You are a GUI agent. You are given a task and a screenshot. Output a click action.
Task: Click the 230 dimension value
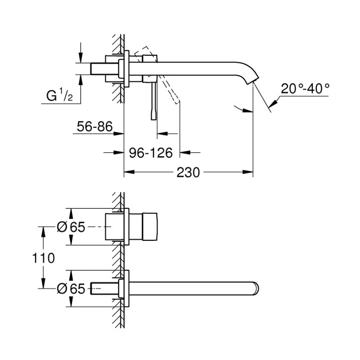coord(188,172)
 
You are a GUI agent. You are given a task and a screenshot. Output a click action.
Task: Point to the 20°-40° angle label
coord(305,88)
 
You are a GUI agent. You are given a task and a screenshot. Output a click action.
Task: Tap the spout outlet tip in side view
coord(254,84)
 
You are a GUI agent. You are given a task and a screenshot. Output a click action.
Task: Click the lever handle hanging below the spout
coord(153,103)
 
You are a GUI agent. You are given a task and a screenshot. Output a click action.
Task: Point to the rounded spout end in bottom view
coord(256,288)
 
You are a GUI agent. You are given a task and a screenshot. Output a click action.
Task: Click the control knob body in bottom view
coord(145,227)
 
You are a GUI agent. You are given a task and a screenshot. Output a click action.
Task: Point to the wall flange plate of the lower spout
coord(127,288)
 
